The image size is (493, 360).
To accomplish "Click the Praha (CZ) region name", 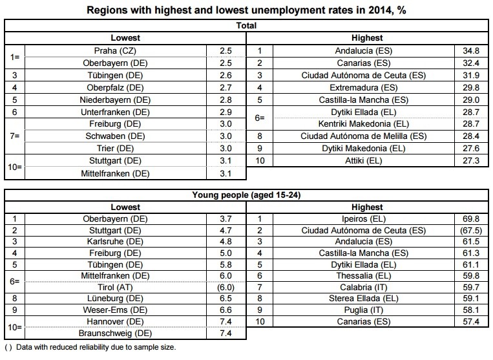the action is [115, 50].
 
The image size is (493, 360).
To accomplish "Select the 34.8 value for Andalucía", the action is [471, 50].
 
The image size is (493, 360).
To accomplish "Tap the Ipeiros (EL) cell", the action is [364, 219].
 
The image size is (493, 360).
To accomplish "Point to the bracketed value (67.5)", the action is [471, 230].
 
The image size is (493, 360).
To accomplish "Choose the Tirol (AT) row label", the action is [115, 287].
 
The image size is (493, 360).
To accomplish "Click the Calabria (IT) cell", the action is [364, 287].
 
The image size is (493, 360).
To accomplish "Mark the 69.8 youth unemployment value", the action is [471, 219].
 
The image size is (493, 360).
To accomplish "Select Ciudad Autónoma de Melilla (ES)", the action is [364, 136].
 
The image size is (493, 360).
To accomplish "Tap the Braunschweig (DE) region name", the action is [115, 333].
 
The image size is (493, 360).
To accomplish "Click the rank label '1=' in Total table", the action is [14, 57].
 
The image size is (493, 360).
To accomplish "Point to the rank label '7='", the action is [14, 136].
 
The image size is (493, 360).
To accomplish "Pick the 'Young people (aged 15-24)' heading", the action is [247, 195].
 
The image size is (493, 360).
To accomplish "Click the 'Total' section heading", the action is [247, 25].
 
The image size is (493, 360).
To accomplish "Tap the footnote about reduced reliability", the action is [90, 347].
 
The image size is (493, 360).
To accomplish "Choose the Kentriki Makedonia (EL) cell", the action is [364, 124].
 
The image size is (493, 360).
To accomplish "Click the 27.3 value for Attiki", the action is [471, 161].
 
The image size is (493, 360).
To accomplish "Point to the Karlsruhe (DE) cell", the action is [115, 242].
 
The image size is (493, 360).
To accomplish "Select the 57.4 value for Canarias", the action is [471, 321].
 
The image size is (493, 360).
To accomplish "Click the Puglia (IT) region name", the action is [364, 310].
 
